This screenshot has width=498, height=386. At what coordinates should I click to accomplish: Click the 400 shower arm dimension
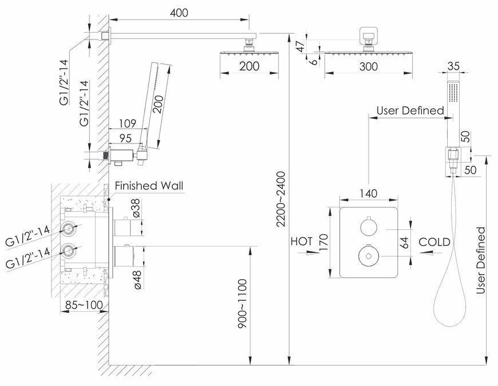(179, 13)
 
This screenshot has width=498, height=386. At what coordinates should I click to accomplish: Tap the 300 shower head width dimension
(369, 66)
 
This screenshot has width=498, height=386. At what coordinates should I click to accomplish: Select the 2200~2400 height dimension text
(280, 199)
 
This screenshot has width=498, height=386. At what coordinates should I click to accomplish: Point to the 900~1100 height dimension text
(242, 304)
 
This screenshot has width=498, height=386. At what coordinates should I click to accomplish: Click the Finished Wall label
(149, 185)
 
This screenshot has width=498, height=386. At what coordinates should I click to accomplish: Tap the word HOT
(302, 241)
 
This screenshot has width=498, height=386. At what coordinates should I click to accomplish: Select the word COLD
(434, 242)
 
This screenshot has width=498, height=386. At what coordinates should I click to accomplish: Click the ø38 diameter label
(136, 208)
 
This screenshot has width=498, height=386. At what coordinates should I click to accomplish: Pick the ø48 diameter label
(137, 279)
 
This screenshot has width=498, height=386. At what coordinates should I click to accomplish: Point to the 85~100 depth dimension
(84, 305)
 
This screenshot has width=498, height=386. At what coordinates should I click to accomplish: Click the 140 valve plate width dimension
(369, 193)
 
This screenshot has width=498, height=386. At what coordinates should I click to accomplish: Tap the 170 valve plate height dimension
(323, 242)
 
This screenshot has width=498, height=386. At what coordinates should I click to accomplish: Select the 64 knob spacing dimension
(404, 242)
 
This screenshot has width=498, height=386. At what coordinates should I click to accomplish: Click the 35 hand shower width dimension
(453, 66)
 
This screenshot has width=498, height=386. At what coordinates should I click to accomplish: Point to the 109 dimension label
(127, 123)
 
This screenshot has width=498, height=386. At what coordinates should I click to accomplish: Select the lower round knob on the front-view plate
(369, 256)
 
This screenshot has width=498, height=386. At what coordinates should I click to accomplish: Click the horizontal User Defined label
(410, 110)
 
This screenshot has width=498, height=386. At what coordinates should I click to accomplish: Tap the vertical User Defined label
(481, 260)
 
